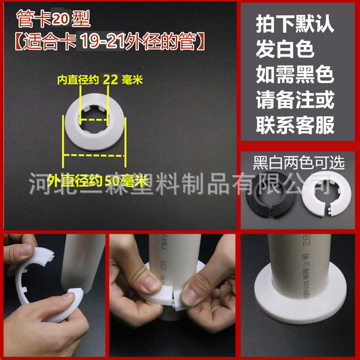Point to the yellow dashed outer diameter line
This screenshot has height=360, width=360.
click(x=94, y=155)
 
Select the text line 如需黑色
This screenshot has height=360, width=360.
click(x=295, y=75)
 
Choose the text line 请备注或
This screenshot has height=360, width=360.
click(x=295, y=100)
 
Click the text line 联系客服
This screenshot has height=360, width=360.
click(x=295, y=126)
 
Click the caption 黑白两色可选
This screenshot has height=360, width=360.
click(x=299, y=163)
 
